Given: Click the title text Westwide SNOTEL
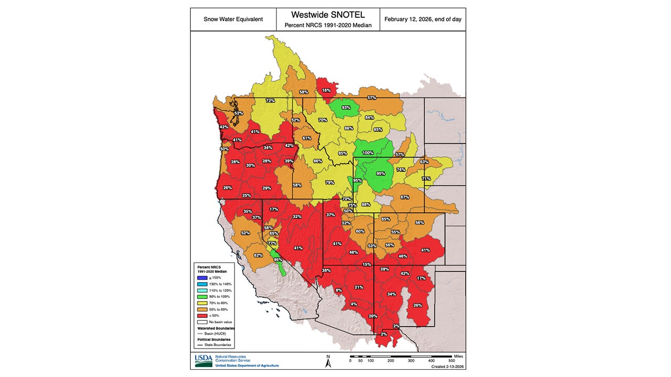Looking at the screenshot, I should [328, 15].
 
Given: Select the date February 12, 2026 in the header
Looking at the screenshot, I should [423, 19].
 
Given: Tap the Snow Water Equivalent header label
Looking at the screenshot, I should [233, 19].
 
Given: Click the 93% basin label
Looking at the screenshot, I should [346, 107].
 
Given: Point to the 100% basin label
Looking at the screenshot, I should [368, 153].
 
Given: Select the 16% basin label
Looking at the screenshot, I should [326, 90].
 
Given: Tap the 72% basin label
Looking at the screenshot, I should [270, 101].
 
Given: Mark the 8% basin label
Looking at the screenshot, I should [339, 290].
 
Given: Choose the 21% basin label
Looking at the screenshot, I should [359, 287].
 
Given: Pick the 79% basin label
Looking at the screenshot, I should [330, 183].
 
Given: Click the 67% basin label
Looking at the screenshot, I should [404, 197].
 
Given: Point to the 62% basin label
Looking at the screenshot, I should [258, 256].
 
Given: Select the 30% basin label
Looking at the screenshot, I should [251, 165].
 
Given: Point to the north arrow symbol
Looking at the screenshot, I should [328, 361].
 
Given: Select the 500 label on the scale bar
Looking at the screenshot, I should [451, 361].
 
